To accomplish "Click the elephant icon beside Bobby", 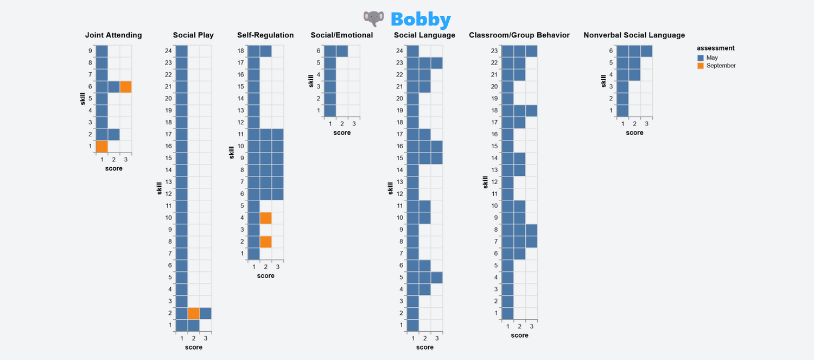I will pos(374,19).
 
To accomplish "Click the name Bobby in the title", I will pos(421,20).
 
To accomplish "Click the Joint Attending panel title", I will pos(113,35).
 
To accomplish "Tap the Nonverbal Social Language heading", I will pos(634,35).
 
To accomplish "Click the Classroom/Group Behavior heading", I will pos(519,35).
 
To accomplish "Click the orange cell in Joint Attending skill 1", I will pos(102,147).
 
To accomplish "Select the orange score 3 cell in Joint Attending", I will pos(126,87).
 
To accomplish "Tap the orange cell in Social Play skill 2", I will pos(194,313).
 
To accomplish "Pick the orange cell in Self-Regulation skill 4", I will pos(266,218).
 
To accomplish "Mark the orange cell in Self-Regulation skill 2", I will pos(266,242).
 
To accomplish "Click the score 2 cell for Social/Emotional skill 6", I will pos(342,51).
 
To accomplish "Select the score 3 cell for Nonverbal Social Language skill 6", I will pos(646,51).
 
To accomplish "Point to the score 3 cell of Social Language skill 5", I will pos(437,277).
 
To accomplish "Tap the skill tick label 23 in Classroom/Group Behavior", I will pos(494,51).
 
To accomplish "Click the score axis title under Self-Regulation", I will pos(266,276).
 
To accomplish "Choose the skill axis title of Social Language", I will pos(390,188).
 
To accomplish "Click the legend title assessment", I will pos(716,48).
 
